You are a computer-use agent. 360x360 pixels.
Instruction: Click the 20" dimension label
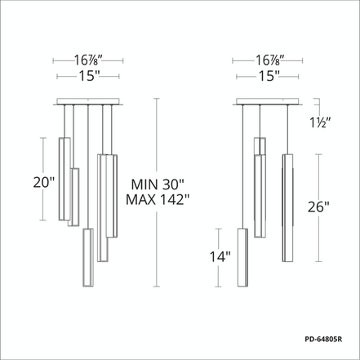coord(44,182)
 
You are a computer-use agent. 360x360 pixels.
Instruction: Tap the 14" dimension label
coord(220,256)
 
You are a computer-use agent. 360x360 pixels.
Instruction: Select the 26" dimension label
coord(318,207)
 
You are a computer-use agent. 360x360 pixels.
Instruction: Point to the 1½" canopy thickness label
coord(320,122)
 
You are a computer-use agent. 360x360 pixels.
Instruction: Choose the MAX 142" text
coord(158,199)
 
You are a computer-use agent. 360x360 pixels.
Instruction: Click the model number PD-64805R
coord(323,340)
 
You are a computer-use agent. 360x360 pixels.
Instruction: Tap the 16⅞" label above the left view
coord(88,60)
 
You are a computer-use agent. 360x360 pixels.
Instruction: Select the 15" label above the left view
coord(89,76)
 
